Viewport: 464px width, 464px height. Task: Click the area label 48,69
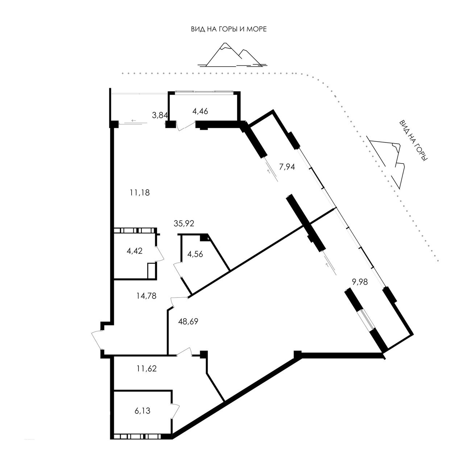[x=188, y=321]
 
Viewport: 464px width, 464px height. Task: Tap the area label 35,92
[x=184, y=223]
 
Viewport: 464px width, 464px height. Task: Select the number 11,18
[x=140, y=192]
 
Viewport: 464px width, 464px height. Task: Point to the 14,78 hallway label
[x=146, y=296]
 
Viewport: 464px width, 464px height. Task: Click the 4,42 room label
[x=134, y=251]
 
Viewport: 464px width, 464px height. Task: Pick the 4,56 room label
[x=195, y=254]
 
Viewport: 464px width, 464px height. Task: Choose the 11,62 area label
[x=147, y=368]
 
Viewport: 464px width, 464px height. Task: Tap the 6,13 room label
[x=142, y=411]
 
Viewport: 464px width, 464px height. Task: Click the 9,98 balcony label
[x=360, y=282]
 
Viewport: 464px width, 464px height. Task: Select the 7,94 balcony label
[x=287, y=167]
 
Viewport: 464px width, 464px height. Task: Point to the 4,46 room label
[x=200, y=111]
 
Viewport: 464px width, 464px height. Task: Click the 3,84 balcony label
[x=160, y=115]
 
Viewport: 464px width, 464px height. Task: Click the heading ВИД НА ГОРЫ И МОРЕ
[x=229, y=29]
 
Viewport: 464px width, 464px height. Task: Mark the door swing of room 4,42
[x=160, y=253]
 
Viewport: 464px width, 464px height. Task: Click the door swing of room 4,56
[x=178, y=270]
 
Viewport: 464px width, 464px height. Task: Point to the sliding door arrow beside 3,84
[x=134, y=120]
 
